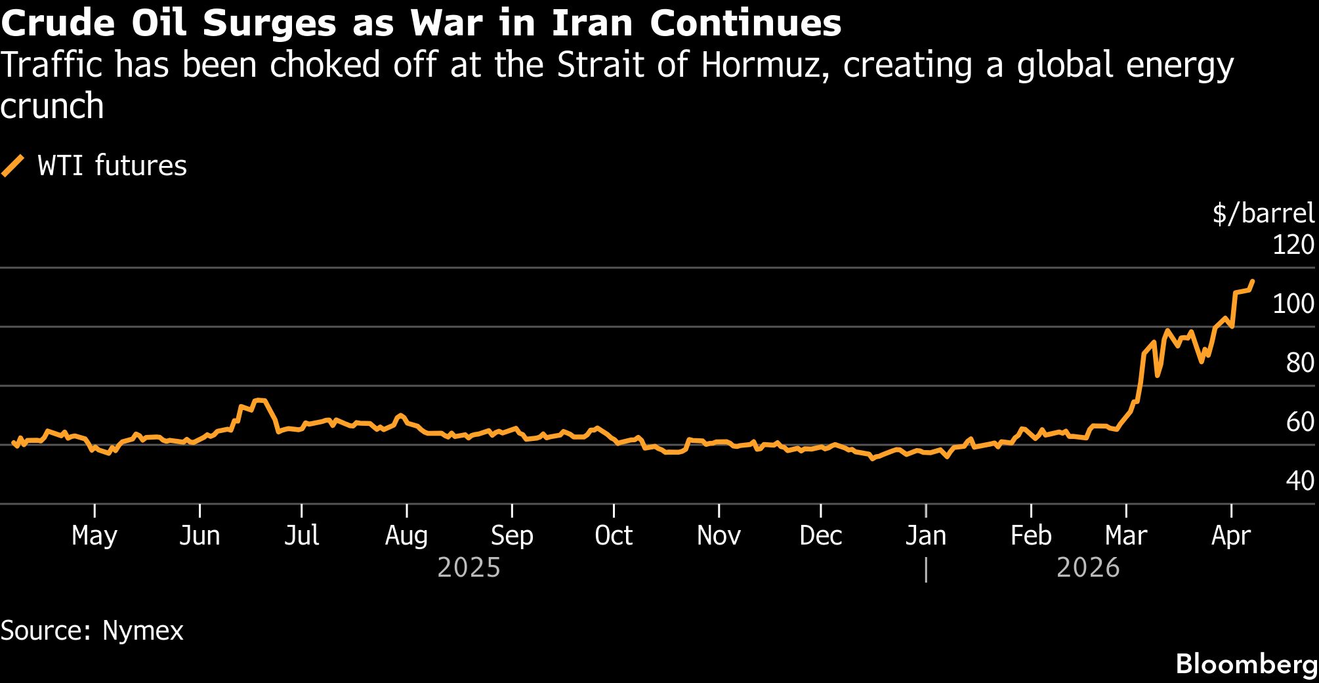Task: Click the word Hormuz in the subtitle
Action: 761,66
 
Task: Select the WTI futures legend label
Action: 112,165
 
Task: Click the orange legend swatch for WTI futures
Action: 12,165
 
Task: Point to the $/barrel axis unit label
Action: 1263,213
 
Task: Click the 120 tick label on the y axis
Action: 1293,245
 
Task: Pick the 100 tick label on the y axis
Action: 1293,304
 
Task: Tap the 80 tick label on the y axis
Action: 1299,363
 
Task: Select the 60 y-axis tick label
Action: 1299,422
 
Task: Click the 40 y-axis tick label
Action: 1299,481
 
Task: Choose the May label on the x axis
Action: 94,536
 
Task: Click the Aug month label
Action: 406,536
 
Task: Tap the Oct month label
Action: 614,536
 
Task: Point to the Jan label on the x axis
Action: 925,536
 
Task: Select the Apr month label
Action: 1231,536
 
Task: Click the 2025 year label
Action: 469,568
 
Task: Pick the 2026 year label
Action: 1088,568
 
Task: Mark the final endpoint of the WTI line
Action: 1252,281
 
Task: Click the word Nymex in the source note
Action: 143,631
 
